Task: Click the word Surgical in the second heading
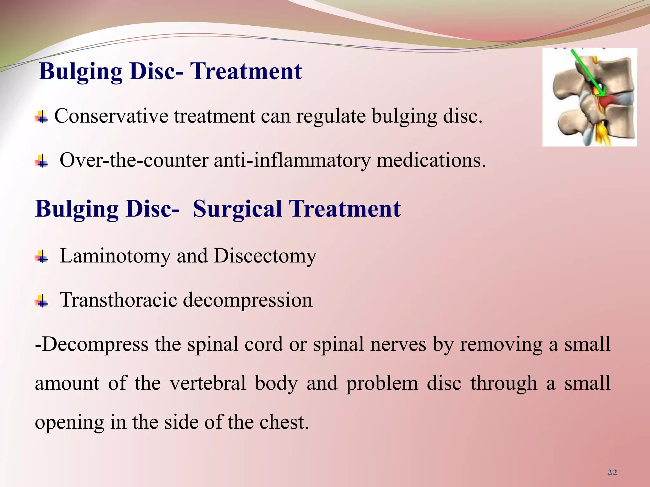pyautogui.click(x=237, y=209)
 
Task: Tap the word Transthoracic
pyautogui.click(x=118, y=300)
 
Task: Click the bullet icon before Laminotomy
pyautogui.click(x=42, y=256)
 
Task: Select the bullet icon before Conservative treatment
pyautogui.click(x=42, y=117)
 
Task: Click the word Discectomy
pyautogui.click(x=265, y=256)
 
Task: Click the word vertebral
pyautogui.click(x=208, y=383)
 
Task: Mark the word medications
pyautogui.click(x=431, y=160)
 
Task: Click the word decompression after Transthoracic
pyautogui.click(x=248, y=300)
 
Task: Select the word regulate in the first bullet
pyautogui.click(x=330, y=116)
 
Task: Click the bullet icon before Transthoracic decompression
pyautogui.click(x=42, y=301)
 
